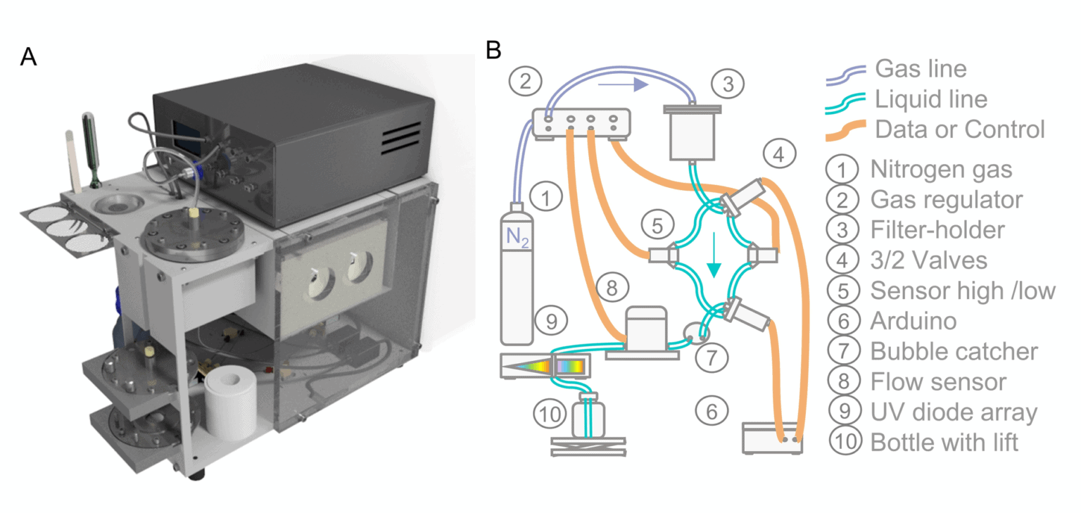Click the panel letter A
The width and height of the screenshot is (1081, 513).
tap(28, 56)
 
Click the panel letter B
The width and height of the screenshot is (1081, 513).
tap(494, 50)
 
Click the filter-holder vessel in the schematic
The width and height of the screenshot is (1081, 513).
tap(691, 134)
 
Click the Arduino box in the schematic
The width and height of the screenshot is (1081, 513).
tap(773, 437)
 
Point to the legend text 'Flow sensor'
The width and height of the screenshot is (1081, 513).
tap(938, 381)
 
